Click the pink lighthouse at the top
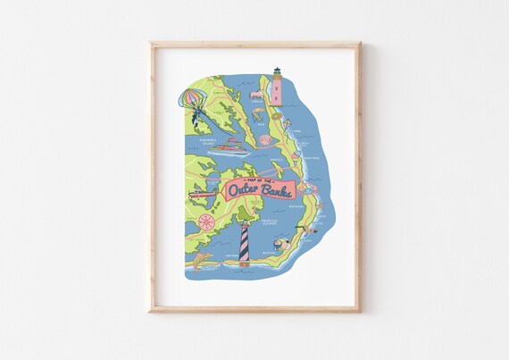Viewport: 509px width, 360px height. (277, 87)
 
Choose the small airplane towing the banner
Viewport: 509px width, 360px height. (199, 191)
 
